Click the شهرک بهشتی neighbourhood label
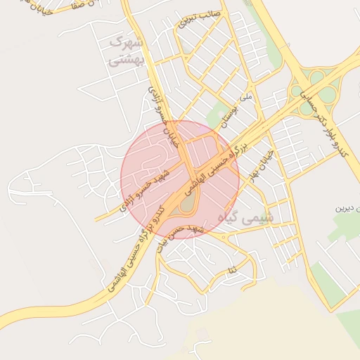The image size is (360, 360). click(x=127, y=51)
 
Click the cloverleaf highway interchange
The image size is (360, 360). click(x=310, y=91)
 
